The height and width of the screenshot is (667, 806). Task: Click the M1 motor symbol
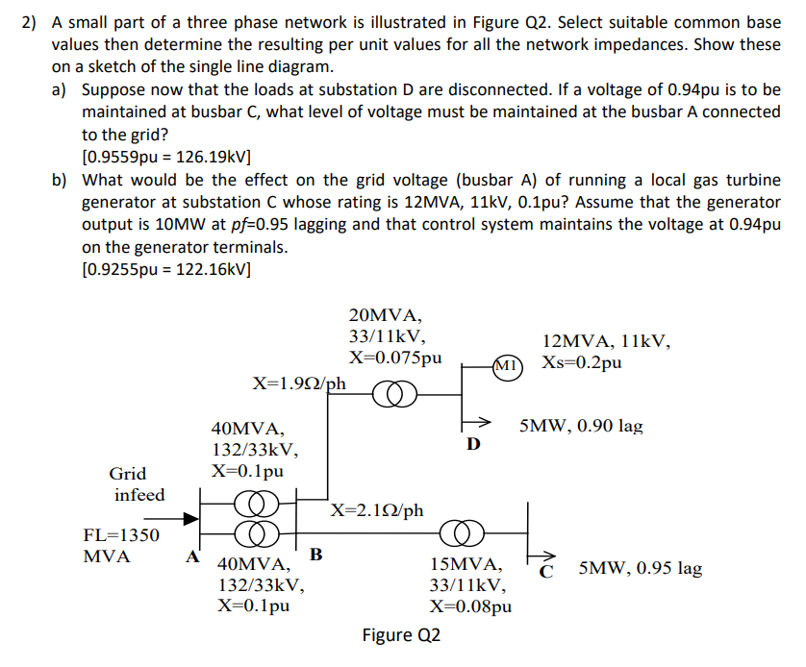(x=506, y=365)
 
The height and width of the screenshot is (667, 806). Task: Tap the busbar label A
(x=192, y=555)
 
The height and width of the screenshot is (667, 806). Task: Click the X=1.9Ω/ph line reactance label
(x=299, y=383)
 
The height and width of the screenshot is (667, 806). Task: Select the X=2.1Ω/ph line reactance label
(x=378, y=509)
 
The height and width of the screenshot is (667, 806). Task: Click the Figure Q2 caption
(x=401, y=635)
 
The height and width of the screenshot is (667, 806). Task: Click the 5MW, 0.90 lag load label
(x=581, y=425)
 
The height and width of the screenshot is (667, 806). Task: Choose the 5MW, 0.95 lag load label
(x=641, y=568)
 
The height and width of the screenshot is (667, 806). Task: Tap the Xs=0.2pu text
(x=581, y=364)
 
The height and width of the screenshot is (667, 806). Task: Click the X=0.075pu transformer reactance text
(x=395, y=358)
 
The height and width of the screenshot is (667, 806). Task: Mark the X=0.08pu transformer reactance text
(x=470, y=606)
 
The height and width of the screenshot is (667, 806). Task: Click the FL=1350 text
(x=122, y=535)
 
